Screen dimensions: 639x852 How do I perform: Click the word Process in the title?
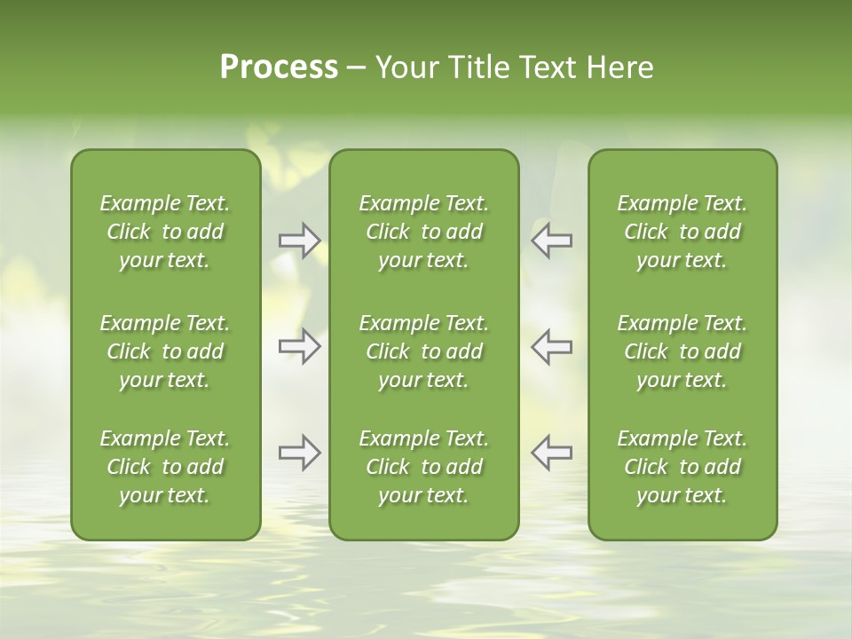click(279, 67)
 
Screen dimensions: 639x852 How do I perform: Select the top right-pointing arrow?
click(299, 241)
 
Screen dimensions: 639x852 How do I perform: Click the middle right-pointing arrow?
click(299, 346)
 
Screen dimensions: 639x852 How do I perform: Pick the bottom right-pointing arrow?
click(299, 453)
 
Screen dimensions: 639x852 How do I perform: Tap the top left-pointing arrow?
click(552, 241)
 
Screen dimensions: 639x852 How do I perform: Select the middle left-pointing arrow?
click(552, 346)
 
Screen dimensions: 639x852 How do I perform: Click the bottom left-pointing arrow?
click(552, 453)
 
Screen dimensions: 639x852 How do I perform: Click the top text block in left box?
click(165, 232)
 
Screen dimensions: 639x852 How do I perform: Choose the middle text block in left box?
click(165, 351)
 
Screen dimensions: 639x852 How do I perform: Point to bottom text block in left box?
click(165, 467)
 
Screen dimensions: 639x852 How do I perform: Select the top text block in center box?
click(423, 232)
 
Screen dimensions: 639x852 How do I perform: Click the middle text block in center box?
click(423, 351)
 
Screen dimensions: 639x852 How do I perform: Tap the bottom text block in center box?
click(423, 467)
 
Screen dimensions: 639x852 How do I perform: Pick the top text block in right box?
click(682, 232)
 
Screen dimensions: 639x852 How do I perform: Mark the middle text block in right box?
click(682, 351)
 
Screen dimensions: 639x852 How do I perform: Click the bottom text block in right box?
click(682, 467)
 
